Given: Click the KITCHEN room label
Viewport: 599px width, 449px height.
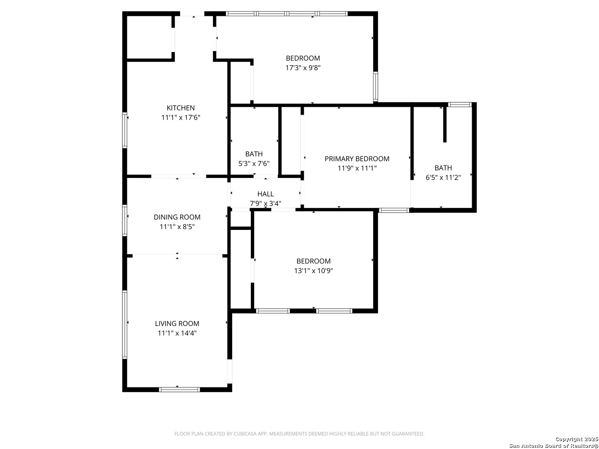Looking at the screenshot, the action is tap(181, 108).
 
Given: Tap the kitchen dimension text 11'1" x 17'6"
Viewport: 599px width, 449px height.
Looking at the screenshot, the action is tap(181, 118).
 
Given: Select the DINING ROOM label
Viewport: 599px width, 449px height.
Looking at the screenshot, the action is tap(177, 217).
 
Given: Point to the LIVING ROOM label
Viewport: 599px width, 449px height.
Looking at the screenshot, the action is tap(177, 323).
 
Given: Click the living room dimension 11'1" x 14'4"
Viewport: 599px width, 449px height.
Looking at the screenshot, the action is tap(177, 333).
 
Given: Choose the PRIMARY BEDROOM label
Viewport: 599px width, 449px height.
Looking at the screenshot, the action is tap(356, 159).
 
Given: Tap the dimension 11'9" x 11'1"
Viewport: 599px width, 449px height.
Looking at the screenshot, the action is tap(356, 168).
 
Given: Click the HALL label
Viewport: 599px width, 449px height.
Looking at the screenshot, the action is tap(265, 194).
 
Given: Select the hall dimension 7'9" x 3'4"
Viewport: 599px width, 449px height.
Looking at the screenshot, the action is tap(265, 203).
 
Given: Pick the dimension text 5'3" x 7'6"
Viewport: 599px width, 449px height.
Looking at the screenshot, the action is tap(254, 163).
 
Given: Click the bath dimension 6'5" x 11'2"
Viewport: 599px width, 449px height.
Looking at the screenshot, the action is tap(443, 178).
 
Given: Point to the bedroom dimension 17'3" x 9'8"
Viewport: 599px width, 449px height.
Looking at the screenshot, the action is tap(303, 68).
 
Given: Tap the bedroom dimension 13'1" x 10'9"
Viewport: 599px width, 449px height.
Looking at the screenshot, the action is tap(313, 271).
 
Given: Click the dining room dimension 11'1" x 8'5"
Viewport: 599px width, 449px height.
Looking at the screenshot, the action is tap(177, 227).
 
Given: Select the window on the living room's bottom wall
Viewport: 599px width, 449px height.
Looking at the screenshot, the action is tap(179, 390).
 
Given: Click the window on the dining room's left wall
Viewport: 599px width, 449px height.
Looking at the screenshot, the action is tap(124, 220).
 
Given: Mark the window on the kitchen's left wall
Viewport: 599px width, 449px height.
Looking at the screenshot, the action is tap(124, 130).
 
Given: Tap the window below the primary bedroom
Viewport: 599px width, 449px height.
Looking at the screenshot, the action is tap(394, 210).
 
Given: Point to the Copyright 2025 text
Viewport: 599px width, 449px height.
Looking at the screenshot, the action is tap(577, 439).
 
